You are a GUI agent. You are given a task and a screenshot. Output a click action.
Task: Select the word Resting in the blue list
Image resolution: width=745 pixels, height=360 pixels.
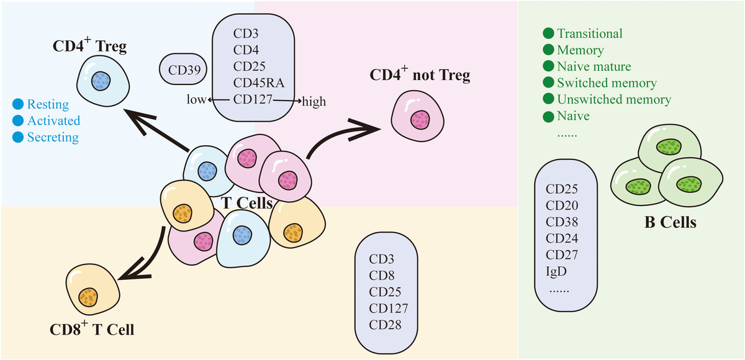[x=48, y=104]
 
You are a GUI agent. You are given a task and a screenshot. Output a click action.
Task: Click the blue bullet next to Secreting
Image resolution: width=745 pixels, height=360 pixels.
[x=17, y=137]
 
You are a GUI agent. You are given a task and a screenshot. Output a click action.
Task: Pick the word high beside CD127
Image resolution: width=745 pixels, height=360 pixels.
[x=314, y=101]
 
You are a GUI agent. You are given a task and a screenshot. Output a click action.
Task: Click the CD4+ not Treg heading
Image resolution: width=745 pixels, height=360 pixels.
[x=420, y=76]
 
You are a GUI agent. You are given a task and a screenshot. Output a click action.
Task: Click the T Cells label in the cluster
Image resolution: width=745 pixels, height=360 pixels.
[x=248, y=201]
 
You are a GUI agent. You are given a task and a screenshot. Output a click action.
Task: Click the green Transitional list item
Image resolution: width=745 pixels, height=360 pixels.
[x=589, y=34]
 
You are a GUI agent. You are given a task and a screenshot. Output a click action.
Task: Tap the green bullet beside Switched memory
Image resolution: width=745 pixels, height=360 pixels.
[x=548, y=83]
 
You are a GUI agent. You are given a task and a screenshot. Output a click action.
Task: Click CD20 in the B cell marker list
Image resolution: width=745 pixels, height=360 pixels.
[x=562, y=205]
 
